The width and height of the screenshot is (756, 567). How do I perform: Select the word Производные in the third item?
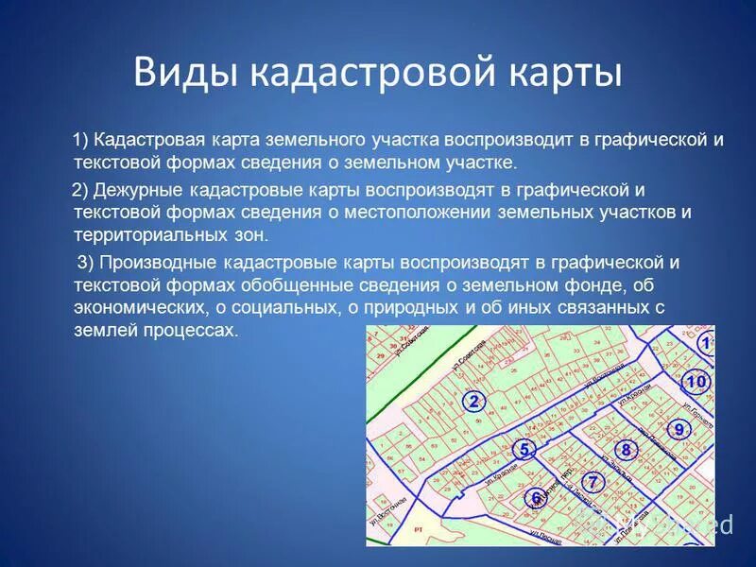(x=160, y=262)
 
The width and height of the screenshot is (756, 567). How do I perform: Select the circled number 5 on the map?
(x=526, y=449)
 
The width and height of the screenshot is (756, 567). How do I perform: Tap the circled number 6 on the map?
(x=536, y=497)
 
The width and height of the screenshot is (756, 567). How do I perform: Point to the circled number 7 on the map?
(x=593, y=481)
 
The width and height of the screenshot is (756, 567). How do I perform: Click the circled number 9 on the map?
(x=678, y=430)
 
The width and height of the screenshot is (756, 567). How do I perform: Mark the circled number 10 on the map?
(x=695, y=382)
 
